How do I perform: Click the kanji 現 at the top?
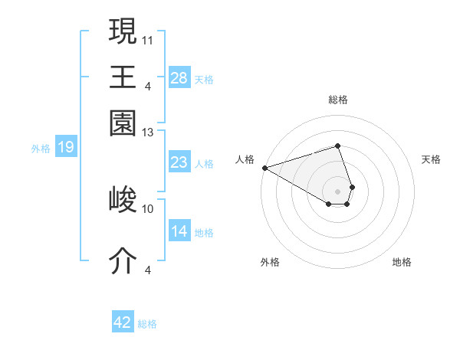click(123, 31)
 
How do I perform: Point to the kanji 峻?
click(123, 200)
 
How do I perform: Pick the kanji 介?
click(123, 260)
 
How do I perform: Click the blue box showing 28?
click(179, 77)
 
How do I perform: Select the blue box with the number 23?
click(179, 162)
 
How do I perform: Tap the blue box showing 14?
click(179, 231)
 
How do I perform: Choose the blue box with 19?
click(65, 147)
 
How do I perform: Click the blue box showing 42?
click(123, 322)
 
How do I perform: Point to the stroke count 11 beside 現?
click(148, 38)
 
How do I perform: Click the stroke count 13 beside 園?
click(148, 133)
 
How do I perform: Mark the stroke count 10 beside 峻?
click(148, 208)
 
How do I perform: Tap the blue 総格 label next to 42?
click(147, 324)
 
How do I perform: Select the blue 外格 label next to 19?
click(41, 149)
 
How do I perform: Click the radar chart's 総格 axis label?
click(338, 100)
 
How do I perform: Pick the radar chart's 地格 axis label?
click(402, 262)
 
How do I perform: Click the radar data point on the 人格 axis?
click(264, 167)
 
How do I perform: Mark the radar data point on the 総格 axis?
click(338, 146)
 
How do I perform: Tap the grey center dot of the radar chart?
click(338, 191)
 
